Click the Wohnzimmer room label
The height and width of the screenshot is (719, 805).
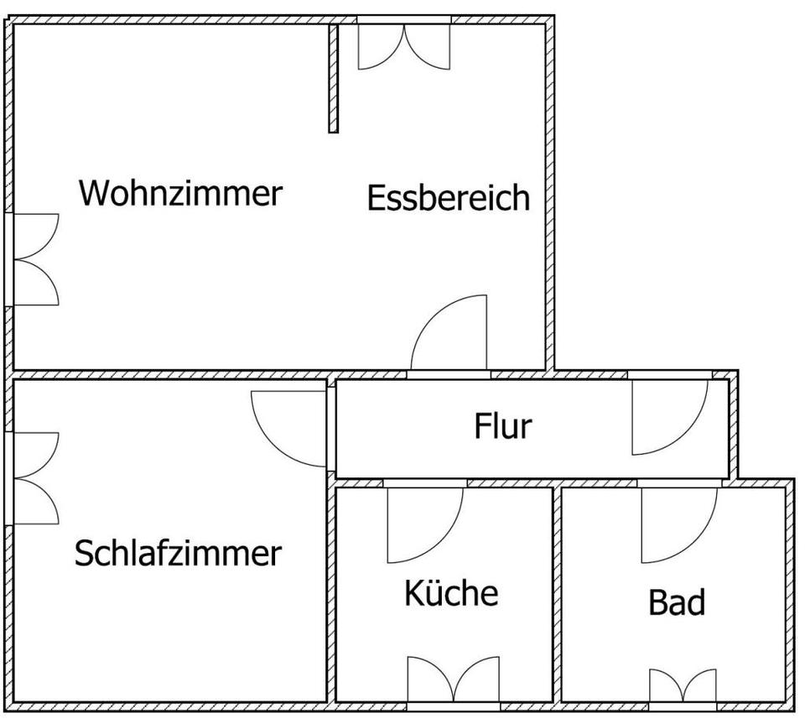180,193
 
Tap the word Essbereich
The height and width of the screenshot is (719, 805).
449,198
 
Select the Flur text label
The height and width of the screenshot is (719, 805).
503,426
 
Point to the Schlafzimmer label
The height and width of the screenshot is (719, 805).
178,554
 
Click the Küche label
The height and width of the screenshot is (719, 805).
451,593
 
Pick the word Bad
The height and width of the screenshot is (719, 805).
677,602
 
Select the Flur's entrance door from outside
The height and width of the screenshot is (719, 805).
668,417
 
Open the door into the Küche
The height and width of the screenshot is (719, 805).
423,524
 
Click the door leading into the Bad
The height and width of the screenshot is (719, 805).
678,524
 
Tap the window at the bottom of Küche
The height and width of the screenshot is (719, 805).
453,680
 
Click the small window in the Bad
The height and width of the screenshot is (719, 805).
683,685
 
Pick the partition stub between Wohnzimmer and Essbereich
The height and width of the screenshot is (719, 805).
333,78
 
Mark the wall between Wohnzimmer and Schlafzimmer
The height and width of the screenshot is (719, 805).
168,374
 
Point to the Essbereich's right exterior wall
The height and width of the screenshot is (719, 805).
549,193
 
